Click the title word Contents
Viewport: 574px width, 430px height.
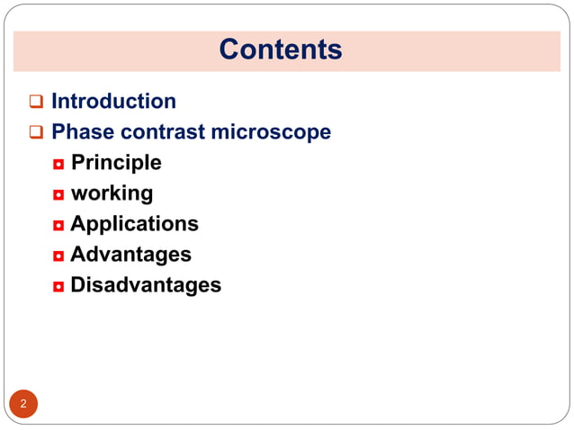pos(280,49)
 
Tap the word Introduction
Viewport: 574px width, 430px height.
pos(113,102)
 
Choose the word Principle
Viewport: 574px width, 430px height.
pos(116,163)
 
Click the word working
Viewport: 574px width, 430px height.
pos(112,193)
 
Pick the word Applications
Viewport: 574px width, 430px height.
pos(134,224)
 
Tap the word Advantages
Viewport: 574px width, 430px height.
pos(130,255)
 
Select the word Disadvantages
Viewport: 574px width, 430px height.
pos(146,285)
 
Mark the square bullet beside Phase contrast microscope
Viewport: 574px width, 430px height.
pos(36,133)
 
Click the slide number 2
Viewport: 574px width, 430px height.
pos(23,404)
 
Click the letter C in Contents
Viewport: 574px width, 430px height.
pos(229,49)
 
